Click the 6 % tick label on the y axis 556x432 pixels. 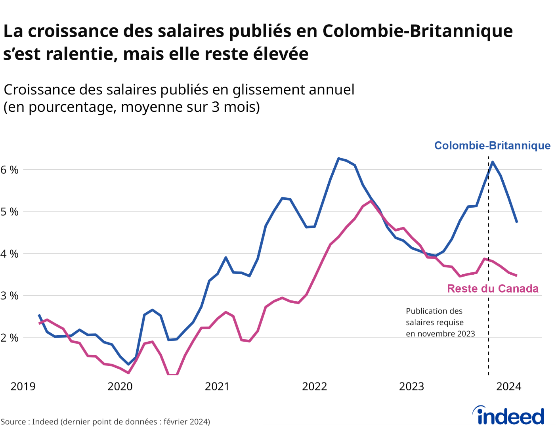point(10,170)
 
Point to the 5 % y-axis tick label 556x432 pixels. point(10,212)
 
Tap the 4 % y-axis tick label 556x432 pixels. point(10,254)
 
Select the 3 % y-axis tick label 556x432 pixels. point(10,296)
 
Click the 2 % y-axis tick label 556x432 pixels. point(10,338)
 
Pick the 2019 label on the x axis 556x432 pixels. point(23,386)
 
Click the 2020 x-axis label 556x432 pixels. point(120,386)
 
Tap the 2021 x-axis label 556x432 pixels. point(217,386)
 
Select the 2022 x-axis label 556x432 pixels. point(314,386)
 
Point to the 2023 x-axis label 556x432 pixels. point(411,386)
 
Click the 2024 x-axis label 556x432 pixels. point(509,386)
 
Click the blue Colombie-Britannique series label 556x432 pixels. point(492,145)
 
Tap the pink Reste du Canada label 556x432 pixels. point(493,289)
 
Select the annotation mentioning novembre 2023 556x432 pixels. point(440,322)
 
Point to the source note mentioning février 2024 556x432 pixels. point(105,422)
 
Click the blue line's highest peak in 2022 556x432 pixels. point(338,159)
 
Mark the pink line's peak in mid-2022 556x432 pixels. point(371,201)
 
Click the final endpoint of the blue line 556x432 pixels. point(517,222)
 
